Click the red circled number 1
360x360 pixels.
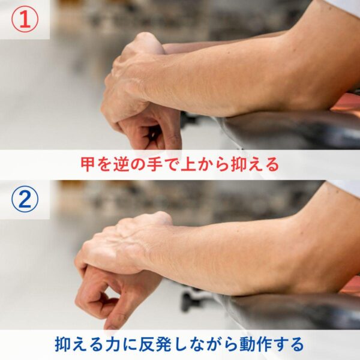[x=25, y=20]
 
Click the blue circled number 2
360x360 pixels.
[x=25, y=199]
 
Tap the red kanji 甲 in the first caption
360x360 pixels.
[x=88, y=164]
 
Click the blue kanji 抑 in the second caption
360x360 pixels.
[x=62, y=344]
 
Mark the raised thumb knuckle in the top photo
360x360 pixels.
[x=147, y=40]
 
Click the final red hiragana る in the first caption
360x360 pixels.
[x=272, y=164]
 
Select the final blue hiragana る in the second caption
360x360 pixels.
[x=298, y=344]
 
